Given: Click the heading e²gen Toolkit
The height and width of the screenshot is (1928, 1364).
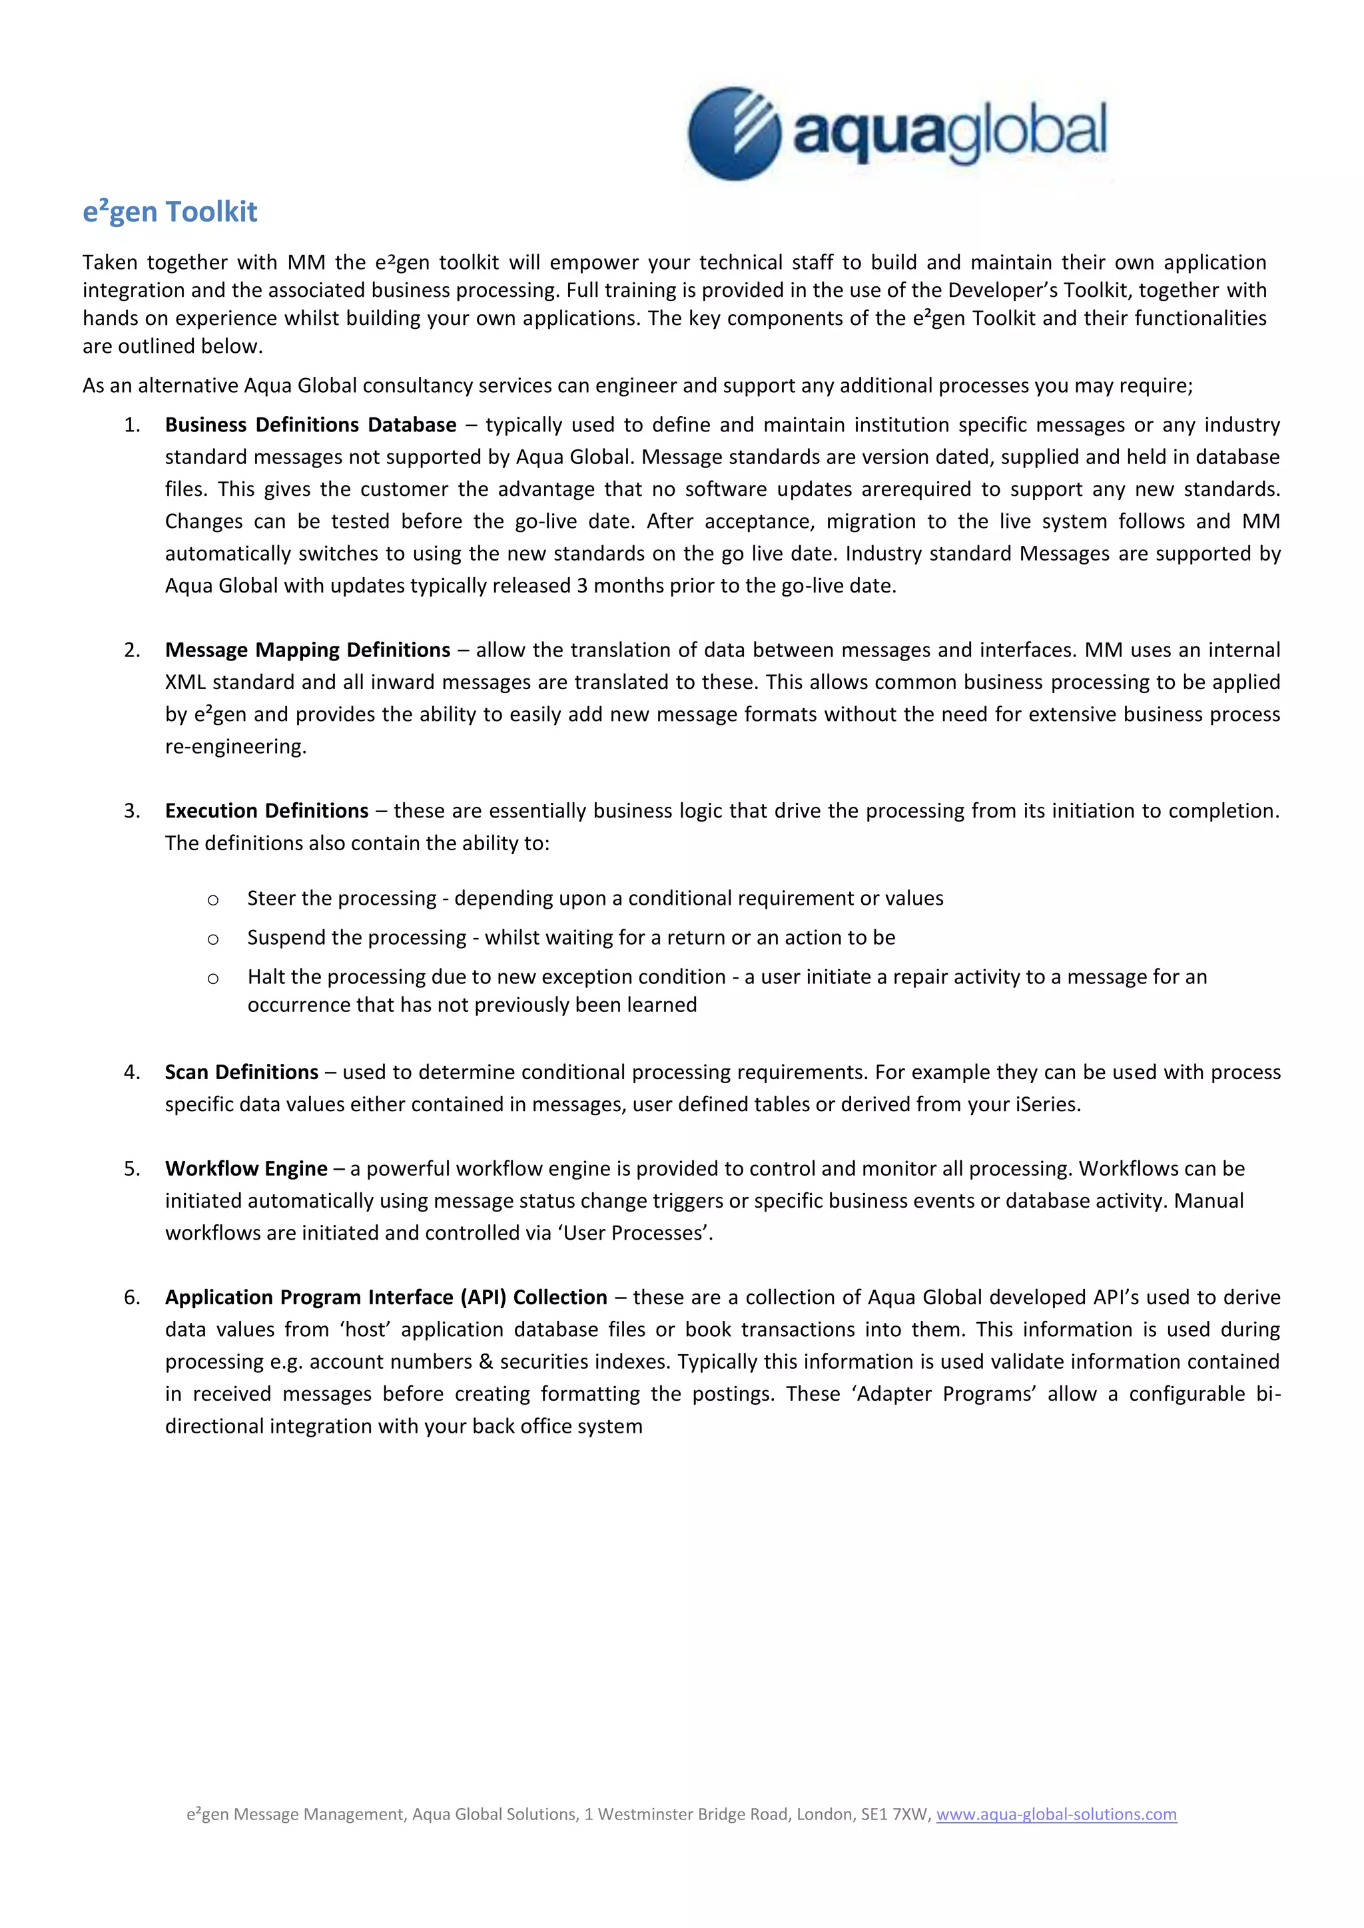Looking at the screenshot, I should tap(170, 212).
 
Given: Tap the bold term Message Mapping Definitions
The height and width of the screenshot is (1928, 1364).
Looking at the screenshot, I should tap(308, 650).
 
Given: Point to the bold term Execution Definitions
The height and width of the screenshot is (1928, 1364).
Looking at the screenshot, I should tap(266, 811).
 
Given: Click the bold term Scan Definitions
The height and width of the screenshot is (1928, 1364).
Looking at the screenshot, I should tap(241, 1073).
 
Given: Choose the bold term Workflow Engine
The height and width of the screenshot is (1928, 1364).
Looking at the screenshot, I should tap(246, 1169).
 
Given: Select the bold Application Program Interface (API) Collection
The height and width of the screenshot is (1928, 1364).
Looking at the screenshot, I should tap(386, 1298).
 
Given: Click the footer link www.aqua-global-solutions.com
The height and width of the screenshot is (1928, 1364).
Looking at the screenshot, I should tap(1056, 1813).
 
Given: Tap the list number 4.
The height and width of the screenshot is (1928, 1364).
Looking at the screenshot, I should tap(131, 1073).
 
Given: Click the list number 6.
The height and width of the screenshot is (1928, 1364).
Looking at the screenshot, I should tap(131, 1298).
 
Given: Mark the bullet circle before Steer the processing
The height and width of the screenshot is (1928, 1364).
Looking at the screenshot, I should tap(213, 900).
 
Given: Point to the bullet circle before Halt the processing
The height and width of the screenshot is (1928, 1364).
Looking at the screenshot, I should tap(213, 978).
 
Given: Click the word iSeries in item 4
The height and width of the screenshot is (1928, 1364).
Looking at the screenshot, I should tap(1046, 1105).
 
